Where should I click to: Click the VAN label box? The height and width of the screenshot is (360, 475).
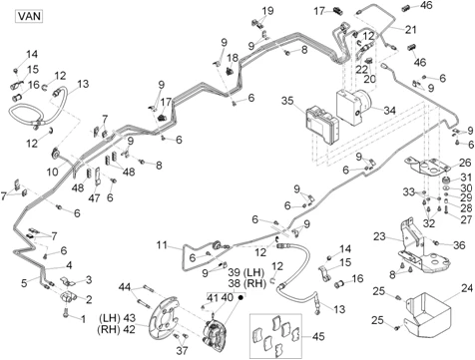pos(29,16)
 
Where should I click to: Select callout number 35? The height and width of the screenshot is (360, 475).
pos(287,100)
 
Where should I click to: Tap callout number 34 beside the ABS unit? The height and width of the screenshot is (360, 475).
pos(389,110)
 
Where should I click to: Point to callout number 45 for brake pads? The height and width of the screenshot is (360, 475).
pos(318,336)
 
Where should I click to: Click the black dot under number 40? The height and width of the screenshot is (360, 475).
pos(240,297)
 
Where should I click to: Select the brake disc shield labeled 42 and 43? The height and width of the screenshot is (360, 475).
pos(165,319)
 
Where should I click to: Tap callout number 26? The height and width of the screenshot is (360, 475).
pos(465,163)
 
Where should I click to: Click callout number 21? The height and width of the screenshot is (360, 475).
pos(410,30)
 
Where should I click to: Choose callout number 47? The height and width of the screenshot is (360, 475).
pos(94,198)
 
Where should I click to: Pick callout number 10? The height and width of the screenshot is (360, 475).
pos(52,172)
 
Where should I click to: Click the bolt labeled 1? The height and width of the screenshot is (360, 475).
pos(65,313)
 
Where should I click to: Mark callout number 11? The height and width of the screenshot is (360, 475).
pos(162,245)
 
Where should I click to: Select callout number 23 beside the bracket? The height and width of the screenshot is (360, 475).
pos(379,236)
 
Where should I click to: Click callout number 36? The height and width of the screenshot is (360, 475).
pos(459,245)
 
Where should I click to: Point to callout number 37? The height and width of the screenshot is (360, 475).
pos(182,350)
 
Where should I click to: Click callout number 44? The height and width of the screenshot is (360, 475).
pos(125,287)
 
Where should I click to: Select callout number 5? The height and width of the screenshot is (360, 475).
pos(24,283)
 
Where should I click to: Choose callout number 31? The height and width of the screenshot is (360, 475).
pos(466,178)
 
